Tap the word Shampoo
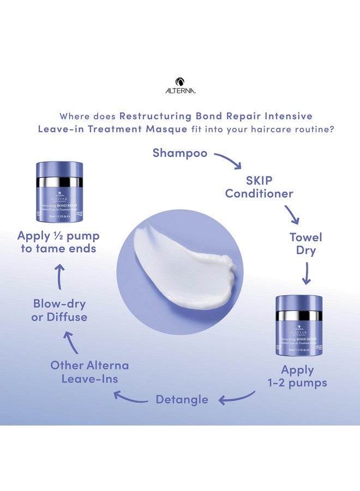coord(180,153)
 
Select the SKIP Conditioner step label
coord(259,187)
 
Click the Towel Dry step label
coord(305,244)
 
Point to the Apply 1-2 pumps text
coord(298,376)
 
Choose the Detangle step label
coord(182,399)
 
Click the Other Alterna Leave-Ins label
coord(90,372)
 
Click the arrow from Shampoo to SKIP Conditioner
coord(227,160)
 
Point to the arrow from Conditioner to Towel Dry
coord(291,214)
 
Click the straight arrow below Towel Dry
coord(306,273)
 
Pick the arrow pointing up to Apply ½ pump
coord(59,277)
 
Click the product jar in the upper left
coord(59,191)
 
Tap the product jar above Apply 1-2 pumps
coord(299,325)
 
